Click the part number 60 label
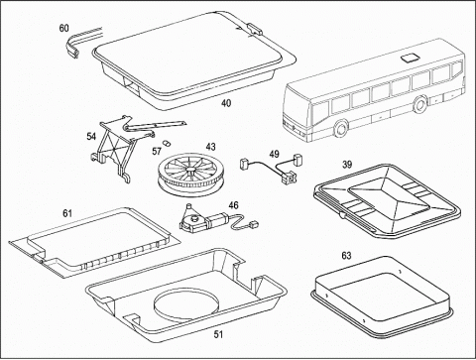(x=64, y=29)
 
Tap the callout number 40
(x=226, y=103)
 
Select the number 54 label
(x=91, y=136)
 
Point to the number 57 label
(x=157, y=152)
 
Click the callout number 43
(x=210, y=147)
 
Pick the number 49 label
(x=274, y=154)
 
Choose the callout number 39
(x=347, y=165)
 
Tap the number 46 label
(x=233, y=205)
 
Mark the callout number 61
(x=67, y=213)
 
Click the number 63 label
(x=346, y=256)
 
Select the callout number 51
(x=218, y=334)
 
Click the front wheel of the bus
(x=340, y=129)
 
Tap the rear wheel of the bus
(x=420, y=103)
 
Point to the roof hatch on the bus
(x=410, y=59)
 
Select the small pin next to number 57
(x=167, y=143)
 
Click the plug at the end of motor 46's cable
(x=254, y=223)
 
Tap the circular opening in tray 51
(x=186, y=303)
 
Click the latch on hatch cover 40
(x=255, y=29)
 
